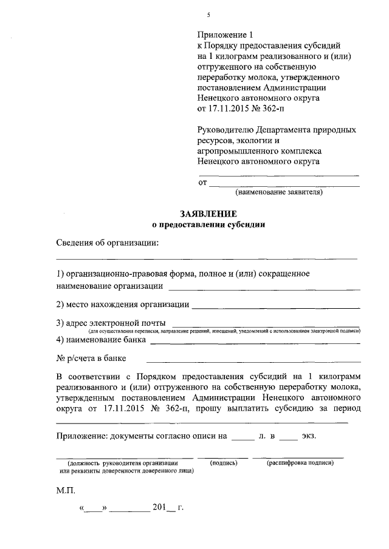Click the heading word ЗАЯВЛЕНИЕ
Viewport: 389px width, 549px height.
(209, 213)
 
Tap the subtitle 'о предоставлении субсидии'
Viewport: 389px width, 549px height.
(209, 224)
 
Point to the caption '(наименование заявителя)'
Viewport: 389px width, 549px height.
(279, 192)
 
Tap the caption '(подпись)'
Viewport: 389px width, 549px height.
(223, 462)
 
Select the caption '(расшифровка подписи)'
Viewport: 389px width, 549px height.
(301, 462)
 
